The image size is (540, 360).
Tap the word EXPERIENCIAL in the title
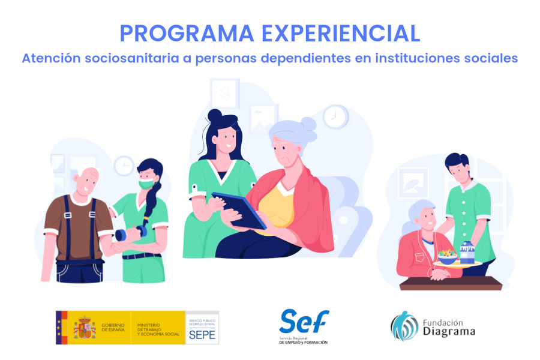[338, 34]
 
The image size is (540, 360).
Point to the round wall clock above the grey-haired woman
[335, 116]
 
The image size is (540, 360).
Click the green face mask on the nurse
[146, 184]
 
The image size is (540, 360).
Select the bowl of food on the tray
[447, 257]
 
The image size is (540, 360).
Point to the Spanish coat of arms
[85, 328]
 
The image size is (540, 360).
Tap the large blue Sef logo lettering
[304, 322]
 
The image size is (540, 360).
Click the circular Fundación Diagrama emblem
[404, 326]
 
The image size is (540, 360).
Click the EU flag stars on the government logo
[59, 328]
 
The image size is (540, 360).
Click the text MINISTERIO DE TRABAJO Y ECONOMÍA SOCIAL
[158, 328]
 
